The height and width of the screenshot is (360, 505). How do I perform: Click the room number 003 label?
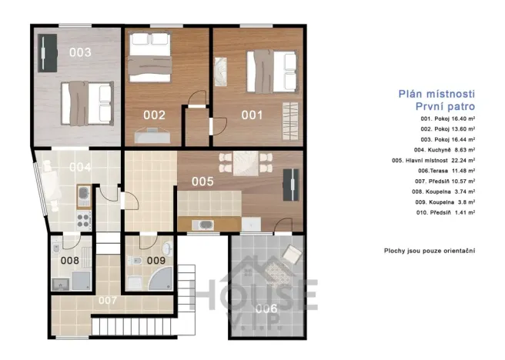pos(80,52)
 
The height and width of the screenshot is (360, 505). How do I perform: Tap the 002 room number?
pos(154,115)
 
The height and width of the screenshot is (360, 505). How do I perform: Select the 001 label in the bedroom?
pos(252,115)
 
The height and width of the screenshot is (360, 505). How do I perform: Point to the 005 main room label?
pos(202,182)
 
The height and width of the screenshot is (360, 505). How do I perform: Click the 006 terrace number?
pos(266,309)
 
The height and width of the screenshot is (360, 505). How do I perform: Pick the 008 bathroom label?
pos(70,260)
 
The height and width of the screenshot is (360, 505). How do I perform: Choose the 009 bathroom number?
pos(156,260)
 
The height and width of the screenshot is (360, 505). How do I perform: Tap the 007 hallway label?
pos(108,301)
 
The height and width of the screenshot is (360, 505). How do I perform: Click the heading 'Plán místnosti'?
pos(436,94)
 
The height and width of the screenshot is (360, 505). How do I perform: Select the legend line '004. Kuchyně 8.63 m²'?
pos(444,150)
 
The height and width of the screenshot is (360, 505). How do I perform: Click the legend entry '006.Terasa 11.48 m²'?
pos(446,171)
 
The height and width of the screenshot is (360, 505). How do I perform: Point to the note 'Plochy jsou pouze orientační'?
pos(430,251)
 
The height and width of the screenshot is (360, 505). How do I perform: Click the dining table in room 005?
pos(246,163)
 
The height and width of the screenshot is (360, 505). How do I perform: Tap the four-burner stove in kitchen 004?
pos(83,220)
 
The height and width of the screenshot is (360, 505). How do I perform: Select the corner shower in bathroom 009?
pos(161,279)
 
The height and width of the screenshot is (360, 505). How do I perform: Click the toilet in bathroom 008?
pos(55,248)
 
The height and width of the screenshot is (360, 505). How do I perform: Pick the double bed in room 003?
pos(87,103)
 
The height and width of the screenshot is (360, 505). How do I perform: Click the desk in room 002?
pos(152,135)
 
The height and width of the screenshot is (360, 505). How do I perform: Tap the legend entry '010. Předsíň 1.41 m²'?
pos(446,212)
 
